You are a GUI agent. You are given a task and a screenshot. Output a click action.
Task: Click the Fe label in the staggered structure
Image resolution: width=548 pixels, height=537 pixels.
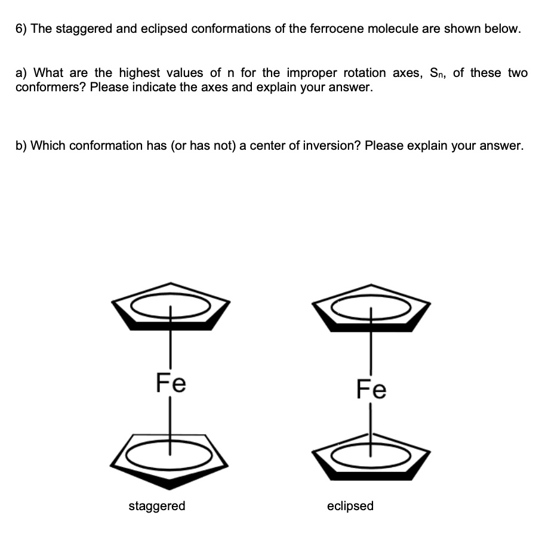click(x=171, y=382)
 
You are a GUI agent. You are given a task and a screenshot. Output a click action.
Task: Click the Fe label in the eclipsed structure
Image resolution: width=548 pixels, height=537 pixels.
click(x=371, y=390)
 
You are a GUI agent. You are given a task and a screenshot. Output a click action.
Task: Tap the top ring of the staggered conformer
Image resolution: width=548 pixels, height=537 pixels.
click(x=171, y=306)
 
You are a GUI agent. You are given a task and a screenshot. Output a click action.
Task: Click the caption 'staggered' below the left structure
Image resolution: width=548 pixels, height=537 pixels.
click(x=157, y=506)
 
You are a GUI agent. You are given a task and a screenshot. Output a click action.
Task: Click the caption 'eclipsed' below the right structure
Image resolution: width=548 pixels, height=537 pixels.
click(x=350, y=506)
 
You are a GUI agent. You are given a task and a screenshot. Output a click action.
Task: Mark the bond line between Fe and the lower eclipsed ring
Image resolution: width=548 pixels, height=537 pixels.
click(x=371, y=424)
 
